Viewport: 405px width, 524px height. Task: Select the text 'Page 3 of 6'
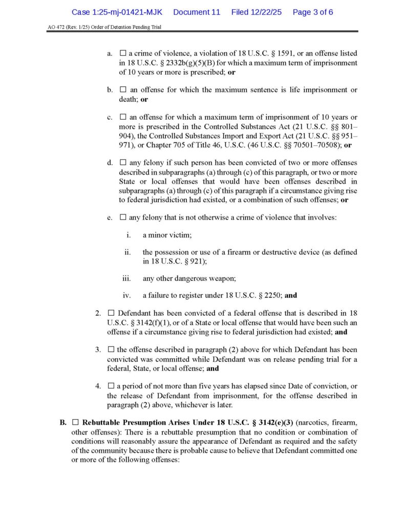313,12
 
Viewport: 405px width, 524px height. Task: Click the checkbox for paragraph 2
111,313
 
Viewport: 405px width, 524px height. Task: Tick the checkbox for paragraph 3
111,350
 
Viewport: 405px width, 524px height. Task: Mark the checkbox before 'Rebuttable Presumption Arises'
75,423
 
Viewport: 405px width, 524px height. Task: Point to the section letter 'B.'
63,423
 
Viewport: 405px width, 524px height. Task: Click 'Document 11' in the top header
197,12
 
